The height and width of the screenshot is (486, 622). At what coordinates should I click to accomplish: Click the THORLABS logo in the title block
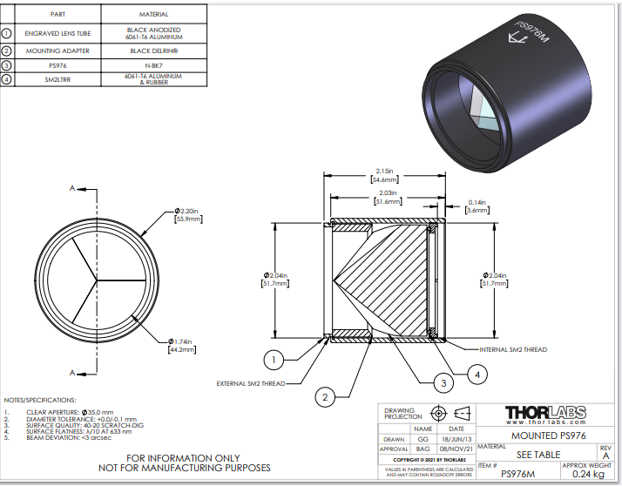point(547,412)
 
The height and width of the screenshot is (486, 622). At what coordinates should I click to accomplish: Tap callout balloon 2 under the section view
point(325,397)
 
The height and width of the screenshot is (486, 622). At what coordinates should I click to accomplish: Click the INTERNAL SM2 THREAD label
point(513,350)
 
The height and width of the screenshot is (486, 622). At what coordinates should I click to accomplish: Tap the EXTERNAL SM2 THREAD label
point(251,382)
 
